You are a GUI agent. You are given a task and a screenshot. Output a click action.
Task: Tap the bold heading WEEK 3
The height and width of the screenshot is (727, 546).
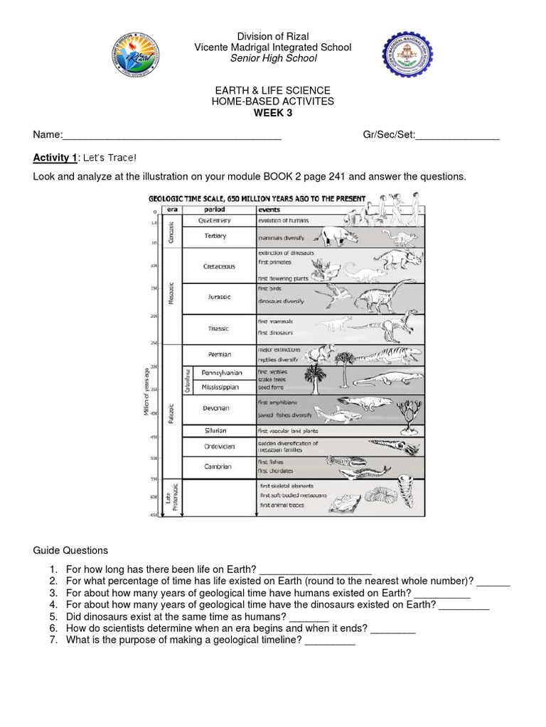point(273,113)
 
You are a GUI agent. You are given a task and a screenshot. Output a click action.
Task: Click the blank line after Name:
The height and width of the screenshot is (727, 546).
point(173,136)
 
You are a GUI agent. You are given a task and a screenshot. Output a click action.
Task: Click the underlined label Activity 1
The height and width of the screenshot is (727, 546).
point(55,157)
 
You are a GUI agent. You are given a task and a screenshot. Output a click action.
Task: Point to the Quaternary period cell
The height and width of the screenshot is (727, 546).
point(215,221)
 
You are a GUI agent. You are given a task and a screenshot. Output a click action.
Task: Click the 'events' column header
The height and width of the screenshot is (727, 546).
point(269,210)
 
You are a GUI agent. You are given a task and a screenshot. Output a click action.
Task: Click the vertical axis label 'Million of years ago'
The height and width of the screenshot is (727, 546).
point(146,390)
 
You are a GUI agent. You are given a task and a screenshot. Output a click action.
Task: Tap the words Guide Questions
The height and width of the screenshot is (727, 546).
point(70,550)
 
